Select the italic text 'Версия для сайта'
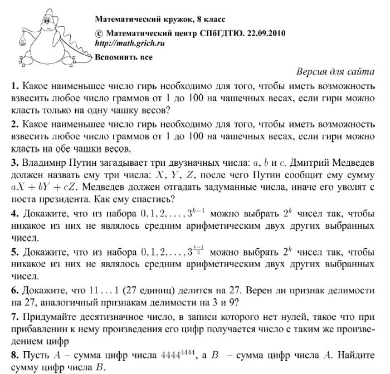click(335, 73)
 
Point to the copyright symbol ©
click(99, 33)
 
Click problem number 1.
click(14, 87)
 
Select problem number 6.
click(14, 291)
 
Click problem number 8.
click(14, 355)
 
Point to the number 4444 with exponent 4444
click(181, 354)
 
